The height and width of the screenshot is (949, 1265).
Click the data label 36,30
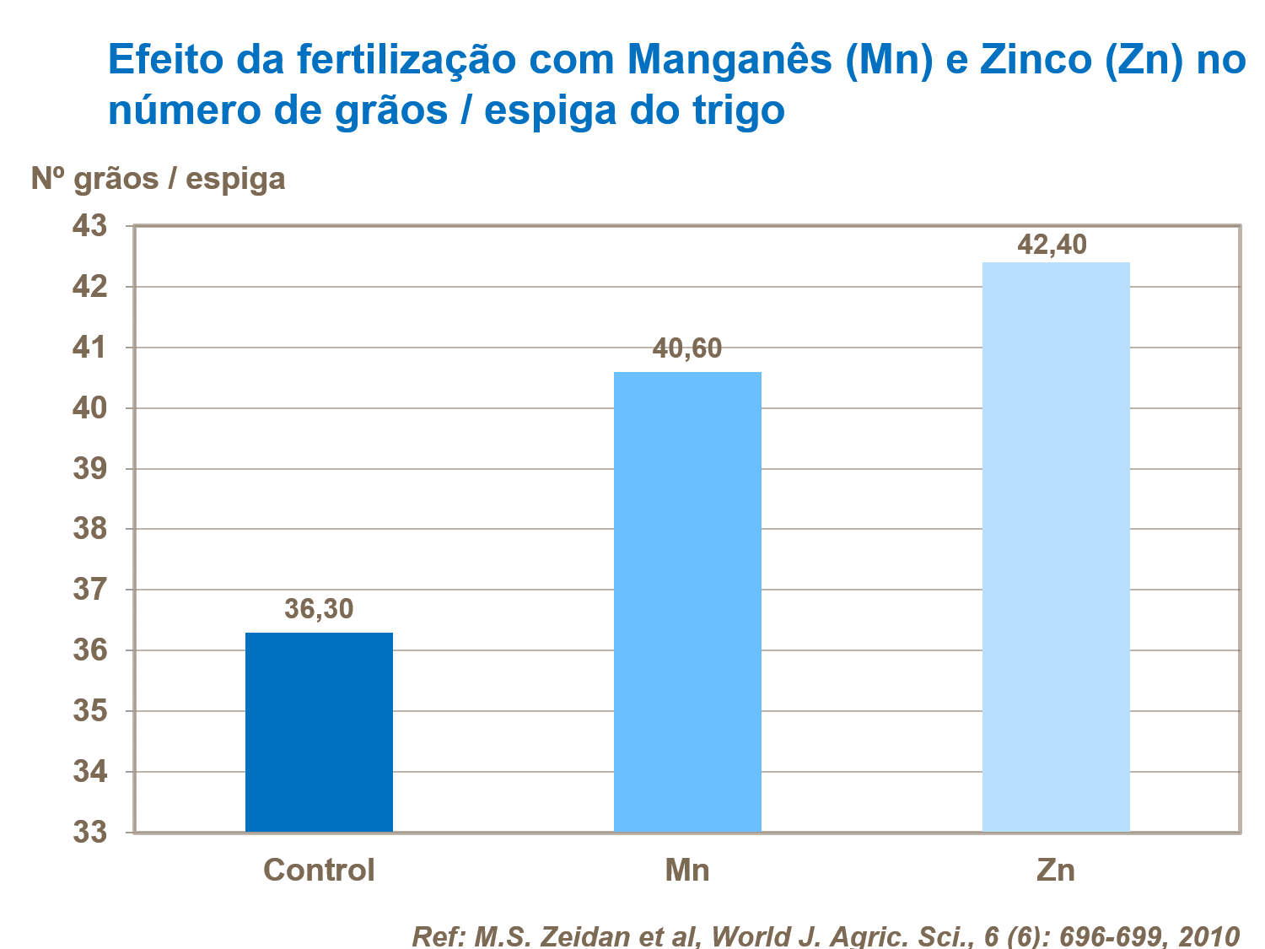pos(319,608)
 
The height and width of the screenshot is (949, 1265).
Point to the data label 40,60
pos(687,348)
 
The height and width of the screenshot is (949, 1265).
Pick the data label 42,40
pos(1052,245)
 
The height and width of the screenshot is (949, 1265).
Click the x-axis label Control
pos(319,870)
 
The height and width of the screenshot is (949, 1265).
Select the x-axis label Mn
pos(687,870)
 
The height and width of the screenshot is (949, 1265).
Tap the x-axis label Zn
pos(1056,870)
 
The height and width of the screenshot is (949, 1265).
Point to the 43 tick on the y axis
pos(90,226)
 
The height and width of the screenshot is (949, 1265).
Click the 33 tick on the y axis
pos(90,833)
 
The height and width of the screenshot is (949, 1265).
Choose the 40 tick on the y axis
pos(90,408)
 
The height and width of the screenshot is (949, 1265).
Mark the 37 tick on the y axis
pos(90,590)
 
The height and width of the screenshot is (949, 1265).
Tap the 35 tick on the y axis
pos(90,711)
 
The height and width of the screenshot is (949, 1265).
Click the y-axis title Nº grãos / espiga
pos(159,179)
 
